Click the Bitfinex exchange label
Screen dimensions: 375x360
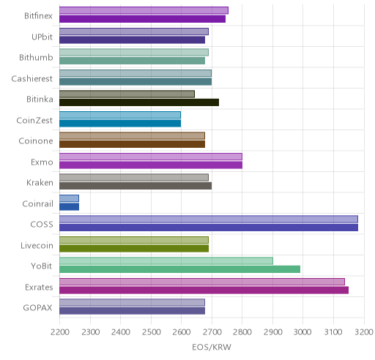pyautogui.click(x=38, y=16)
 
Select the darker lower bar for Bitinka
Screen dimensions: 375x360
pyautogui.click(x=139, y=102)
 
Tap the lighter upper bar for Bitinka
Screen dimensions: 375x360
pyautogui.click(x=127, y=94)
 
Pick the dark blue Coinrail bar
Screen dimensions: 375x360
pyautogui.click(x=69, y=207)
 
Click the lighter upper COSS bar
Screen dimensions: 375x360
pyautogui.click(x=209, y=219)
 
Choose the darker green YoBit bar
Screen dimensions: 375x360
pyautogui.click(x=180, y=269)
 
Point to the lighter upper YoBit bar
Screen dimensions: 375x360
pyautogui.click(x=166, y=260)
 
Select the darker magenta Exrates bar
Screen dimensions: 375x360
pyautogui.click(x=204, y=290)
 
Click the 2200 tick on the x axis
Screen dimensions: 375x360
pyautogui.click(x=60, y=332)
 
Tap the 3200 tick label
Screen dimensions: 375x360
pyautogui.click(x=364, y=332)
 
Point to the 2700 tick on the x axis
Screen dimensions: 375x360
pyautogui.click(x=212, y=332)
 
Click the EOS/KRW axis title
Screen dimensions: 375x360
pyautogui.click(x=212, y=347)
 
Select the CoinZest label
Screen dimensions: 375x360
pyautogui.click(x=34, y=120)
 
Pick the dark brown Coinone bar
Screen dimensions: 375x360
pyautogui.click(x=133, y=144)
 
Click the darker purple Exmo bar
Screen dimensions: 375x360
pyautogui.click(x=151, y=165)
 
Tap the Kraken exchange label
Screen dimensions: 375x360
pyautogui.click(x=40, y=183)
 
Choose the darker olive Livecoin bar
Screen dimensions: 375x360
pyautogui.click(x=134, y=249)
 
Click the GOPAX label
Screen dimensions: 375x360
pyautogui.click(x=37, y=308)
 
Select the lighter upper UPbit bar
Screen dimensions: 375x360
pyautogui.click(x=134, y=31)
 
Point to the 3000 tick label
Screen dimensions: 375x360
pyautogui.click(x=302, y=332)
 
